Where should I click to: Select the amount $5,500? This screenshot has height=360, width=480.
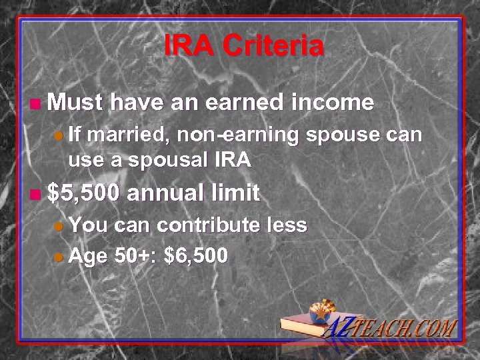click(86, 193)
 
